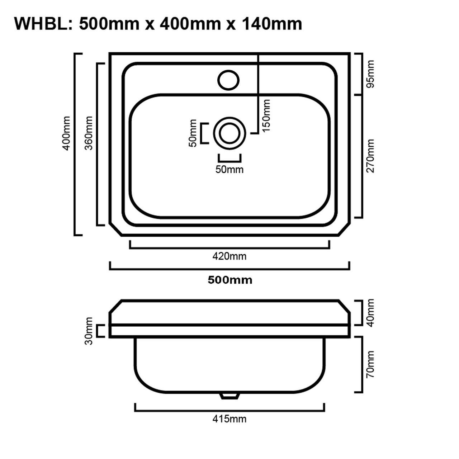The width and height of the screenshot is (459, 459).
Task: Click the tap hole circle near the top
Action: click(228, 80)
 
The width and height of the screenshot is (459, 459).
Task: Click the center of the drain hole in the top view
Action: click(229, 133)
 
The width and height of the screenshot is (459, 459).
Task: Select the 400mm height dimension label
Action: click(66, 133)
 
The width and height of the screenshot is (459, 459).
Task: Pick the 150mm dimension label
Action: click(266, 115)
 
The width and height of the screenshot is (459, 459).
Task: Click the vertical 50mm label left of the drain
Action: click(193, 133)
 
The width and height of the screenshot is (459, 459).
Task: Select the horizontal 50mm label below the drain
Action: click(229, 169)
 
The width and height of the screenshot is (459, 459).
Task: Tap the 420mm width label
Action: click(229, 256)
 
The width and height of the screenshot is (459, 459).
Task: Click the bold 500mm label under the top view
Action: click(230, 280)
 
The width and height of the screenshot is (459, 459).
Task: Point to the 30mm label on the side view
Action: click(89, 331)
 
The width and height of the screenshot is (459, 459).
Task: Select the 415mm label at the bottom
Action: click(229, 418)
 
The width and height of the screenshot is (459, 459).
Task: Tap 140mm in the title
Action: click(272, 24)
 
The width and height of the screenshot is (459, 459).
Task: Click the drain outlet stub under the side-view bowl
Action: click(229, 395)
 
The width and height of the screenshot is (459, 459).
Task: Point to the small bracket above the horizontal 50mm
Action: click(229, 158)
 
